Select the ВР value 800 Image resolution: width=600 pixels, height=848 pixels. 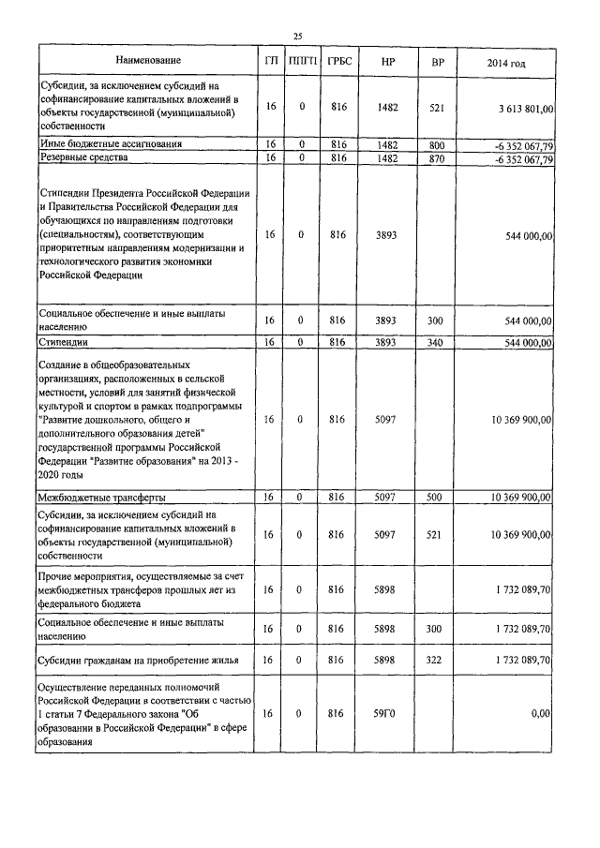tap(435, 144)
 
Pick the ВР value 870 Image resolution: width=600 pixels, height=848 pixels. tap(435, 159)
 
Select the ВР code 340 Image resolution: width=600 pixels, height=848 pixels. tap(435, 343)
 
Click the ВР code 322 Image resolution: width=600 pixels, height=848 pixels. tap(435, 661)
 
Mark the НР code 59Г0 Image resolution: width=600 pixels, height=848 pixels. tap(387, 713)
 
